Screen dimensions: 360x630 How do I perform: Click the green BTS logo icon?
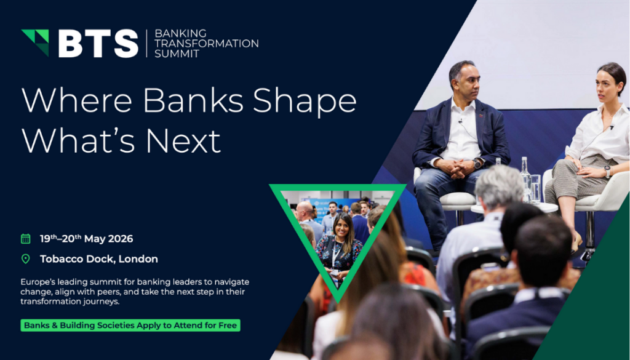(x=35, y=42)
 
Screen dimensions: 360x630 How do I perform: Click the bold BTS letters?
(x=98, y=43)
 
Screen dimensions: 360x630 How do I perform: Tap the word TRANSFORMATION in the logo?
(x=206, y=43)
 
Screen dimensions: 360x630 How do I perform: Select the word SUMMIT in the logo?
(x=177, y=54)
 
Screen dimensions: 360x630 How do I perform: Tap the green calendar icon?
(x=25, y=239)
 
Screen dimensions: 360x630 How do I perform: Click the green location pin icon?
(x=25, y=258)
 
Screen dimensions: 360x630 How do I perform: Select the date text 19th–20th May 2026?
(x=86, y=239)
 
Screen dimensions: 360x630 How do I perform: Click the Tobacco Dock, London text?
(x=98, y=258)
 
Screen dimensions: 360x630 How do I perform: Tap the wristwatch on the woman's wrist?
(x=607, y=172)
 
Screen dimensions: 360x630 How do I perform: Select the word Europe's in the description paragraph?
(x=38, y=281)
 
